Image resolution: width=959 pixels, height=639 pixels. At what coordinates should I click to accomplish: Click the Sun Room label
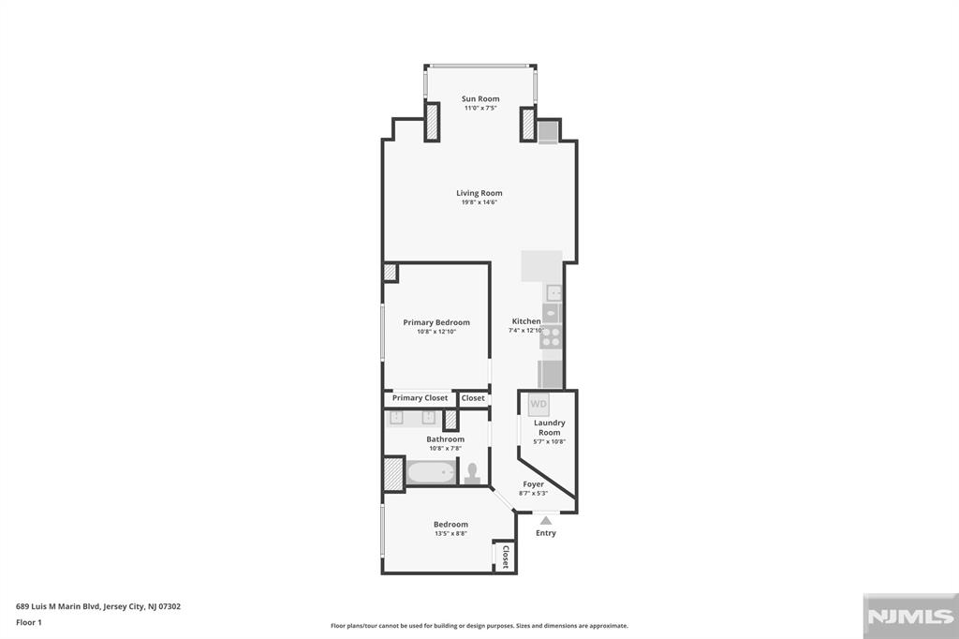click(x=479, y=98)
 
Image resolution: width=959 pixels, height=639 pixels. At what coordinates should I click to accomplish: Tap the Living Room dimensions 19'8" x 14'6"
click(x=479, y=202)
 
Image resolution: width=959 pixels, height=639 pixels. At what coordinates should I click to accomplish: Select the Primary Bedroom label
click(x=436, y=322)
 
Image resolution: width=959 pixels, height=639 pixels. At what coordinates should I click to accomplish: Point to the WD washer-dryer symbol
click(x=539, y=405)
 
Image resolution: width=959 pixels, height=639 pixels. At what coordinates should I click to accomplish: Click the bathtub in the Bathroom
click(x=431, y=472)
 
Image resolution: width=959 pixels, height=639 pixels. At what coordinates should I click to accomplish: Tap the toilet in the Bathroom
click(x=473, y=471)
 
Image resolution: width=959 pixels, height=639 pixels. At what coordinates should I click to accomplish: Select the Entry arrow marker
click(x=546, y=519)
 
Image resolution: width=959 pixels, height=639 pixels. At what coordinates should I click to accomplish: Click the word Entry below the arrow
click(x=546, y=533)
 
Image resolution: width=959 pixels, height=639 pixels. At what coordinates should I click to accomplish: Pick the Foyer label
click(x=533, y=484)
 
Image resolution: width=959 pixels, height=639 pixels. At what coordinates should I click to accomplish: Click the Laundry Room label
click(x=550, y=427)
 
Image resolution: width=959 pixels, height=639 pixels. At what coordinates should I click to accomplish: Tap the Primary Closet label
click(x=420, y=398)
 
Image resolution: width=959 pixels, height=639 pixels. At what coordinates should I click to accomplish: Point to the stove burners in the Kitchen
click(x=552, y=336)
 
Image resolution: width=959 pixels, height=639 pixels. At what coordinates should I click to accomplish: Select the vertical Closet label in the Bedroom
click(x=505, y=557)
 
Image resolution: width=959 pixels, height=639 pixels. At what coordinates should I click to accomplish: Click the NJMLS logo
click(x=909, y=617)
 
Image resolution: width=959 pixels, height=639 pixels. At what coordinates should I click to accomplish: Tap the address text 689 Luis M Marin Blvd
click(x=98, y=606)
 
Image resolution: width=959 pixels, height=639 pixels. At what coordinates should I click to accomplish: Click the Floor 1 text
click(x=29, y=621)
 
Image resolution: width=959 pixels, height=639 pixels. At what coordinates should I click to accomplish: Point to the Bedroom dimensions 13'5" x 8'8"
click(x=450, y=534)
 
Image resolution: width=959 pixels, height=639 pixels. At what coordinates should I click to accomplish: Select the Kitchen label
click(x=525, y=321)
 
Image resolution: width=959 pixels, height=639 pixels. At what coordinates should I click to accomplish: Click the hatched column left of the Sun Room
click(x=432, y=122)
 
